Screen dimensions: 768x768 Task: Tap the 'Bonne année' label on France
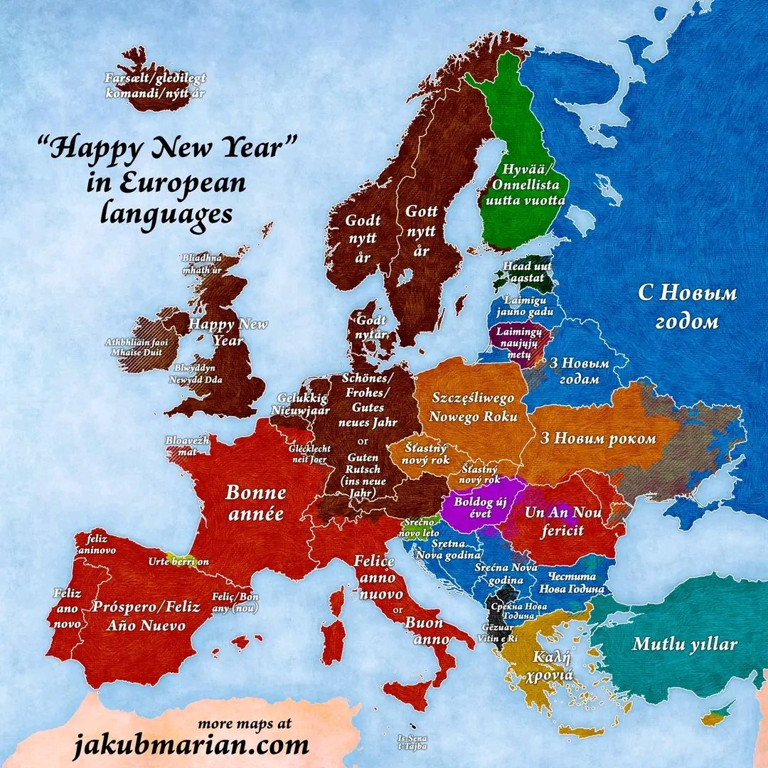click(256, 503)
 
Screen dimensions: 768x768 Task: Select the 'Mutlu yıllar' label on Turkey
click(684, 645)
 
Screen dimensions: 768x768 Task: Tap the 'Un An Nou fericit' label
click(563, 521)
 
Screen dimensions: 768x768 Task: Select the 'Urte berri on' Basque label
click(178, 561)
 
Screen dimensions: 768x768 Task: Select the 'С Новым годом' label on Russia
click(686, 306)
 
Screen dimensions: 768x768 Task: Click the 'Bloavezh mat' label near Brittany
click(188, 445)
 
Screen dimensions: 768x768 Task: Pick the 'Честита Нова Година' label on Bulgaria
click(572, 582)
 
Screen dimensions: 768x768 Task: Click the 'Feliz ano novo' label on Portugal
click(67, 608)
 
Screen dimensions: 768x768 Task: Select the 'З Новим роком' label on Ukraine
click(598, 438)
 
